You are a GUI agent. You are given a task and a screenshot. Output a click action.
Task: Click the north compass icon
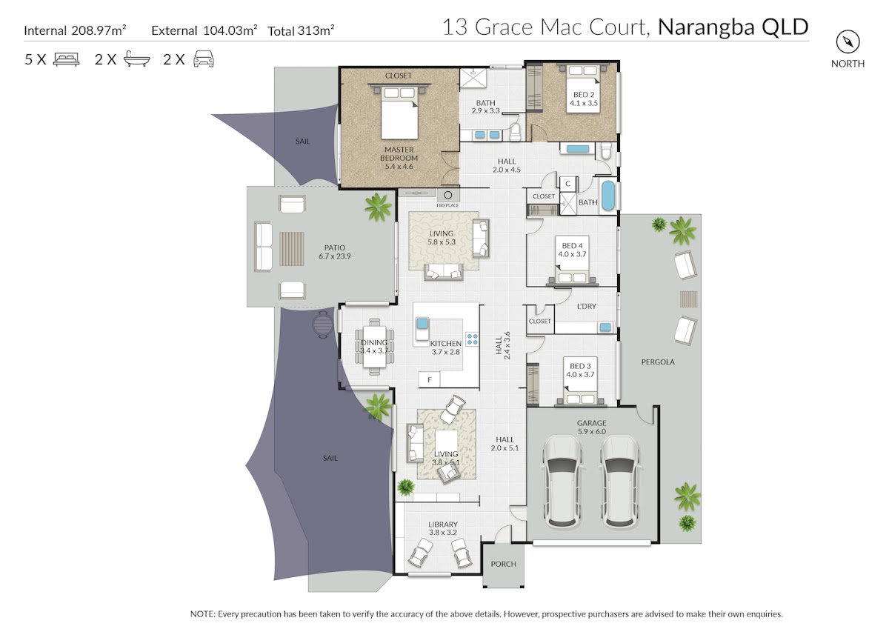click(x=848, y=41)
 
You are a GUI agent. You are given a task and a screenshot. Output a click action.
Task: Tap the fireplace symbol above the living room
click(x=448, y=196)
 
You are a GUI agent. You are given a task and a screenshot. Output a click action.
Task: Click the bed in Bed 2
click(x=582, y=90)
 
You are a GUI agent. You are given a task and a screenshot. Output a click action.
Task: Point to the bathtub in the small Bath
click(x=608, y=196)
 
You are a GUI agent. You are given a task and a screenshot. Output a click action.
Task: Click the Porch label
click(x=503, y=564)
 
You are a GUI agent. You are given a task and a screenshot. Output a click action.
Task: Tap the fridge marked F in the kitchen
click(x=430, y=380)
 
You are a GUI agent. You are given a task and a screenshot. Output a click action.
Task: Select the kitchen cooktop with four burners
click(x=473, y=339)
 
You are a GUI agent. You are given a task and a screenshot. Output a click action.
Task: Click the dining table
click(x=374, y=347)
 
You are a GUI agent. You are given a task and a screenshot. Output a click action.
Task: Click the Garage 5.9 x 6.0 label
click(x=591, y=427)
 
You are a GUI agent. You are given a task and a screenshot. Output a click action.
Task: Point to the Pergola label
click(x=658, y=362)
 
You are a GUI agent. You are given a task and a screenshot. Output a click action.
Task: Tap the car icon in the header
click(x=204, y=59)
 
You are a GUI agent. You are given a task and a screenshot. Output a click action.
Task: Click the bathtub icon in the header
click(x=137, y=59)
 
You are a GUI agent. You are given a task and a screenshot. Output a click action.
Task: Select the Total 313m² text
click(x=301, y=30)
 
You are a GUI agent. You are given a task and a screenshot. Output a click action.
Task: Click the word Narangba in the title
click(x=706, y=27)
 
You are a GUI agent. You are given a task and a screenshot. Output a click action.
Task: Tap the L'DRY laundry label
click(x=586, y=307)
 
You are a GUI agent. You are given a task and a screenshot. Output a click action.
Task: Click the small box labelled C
click(x=567, y=183)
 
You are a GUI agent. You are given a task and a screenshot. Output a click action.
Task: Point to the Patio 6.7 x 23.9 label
click(x=335, y=252)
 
